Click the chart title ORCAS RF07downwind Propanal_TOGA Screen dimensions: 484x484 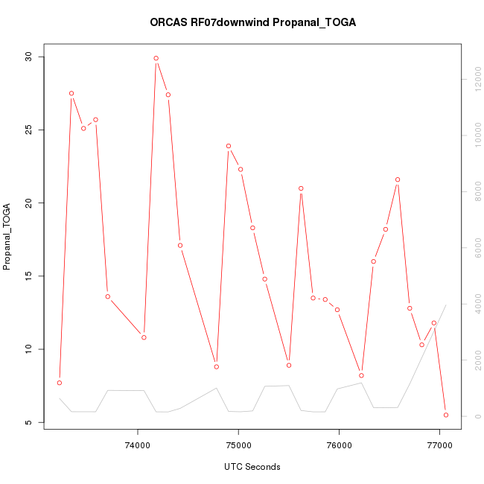click(x=252, y=22)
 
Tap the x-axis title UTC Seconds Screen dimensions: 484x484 click(x=252, y=467)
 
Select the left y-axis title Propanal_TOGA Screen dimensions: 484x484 click(x=7, y=236)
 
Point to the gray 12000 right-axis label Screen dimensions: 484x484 click(x=474, y=79)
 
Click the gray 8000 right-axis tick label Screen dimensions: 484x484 click(x=474, y=192)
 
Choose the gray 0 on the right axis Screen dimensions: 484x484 click(x=474, y=416)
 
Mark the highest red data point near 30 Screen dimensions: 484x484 click(x=156, y=58)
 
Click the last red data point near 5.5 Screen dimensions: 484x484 click(x=446, y=415)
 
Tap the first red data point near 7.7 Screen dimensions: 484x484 click(x=59, y=383)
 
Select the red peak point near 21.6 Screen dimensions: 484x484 click(x=398, y=179)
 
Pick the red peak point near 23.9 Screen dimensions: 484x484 click(x=229, y=146)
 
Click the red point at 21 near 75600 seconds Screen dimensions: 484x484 click(x=301, y=188)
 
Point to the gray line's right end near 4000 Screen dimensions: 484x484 click(x=446, y=305)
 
